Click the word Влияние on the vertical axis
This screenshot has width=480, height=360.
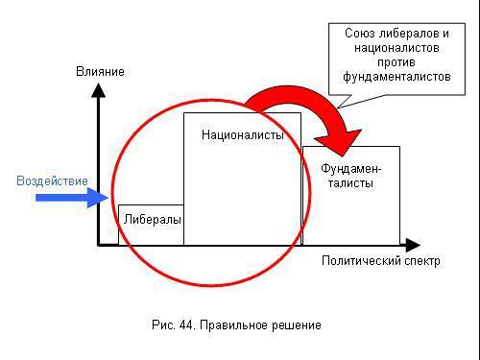101,71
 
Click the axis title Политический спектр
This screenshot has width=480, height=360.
381,260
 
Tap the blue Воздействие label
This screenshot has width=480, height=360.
52,180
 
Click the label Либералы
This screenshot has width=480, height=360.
152,219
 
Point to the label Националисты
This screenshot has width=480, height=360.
243,135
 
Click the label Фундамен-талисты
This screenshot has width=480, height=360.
350,177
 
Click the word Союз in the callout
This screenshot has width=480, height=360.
362,33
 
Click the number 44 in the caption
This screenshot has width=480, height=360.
185,324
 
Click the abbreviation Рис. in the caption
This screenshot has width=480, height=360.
162,324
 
